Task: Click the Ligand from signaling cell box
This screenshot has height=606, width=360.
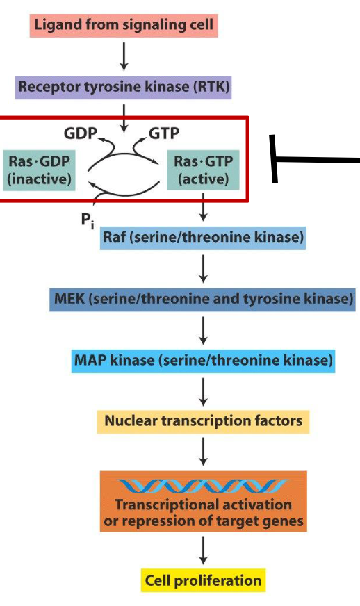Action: pos(124,26)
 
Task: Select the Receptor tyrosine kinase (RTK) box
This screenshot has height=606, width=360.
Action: pos(124,88)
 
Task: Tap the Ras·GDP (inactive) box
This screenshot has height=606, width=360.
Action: pos(40,170)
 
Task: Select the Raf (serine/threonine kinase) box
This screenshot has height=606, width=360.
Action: pos(203,238)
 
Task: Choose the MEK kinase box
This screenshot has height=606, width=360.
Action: pos(203,300)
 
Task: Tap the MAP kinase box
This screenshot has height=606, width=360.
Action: pos(203,361)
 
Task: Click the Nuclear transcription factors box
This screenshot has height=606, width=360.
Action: pos(203,421)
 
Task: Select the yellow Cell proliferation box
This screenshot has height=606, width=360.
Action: pos(203,580)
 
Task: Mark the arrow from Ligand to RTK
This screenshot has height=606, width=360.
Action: pos(124,57)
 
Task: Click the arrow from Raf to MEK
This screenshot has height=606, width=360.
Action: pos(203,269)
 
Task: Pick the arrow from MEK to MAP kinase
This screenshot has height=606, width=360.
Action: pos(203,331)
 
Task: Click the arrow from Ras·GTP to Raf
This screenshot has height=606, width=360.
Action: pos(203,207)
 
